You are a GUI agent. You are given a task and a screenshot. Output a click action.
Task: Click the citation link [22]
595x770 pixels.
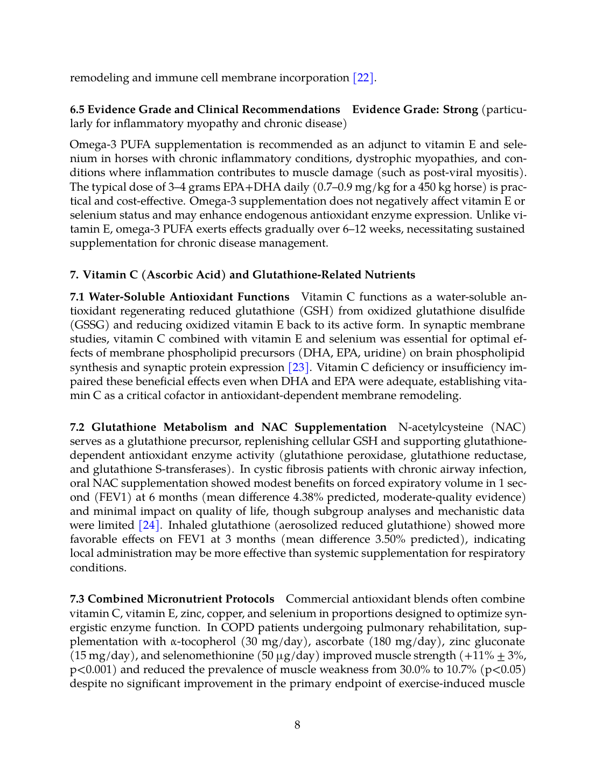coord(363,78)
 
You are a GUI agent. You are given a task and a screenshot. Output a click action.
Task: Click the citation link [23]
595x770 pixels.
coord(299,367)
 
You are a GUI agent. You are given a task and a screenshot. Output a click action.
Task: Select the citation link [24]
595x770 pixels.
coord(149,525)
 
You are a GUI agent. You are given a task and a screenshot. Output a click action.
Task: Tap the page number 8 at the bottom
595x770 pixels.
coord(297,725)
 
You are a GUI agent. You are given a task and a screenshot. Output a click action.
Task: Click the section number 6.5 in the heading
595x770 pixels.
coord(77,109)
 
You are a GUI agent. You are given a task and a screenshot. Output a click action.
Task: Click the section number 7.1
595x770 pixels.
coord(78,297)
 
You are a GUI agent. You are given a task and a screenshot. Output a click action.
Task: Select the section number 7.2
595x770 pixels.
coord(78,427)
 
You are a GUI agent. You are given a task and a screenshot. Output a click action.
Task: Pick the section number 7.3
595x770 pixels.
coord(78,599)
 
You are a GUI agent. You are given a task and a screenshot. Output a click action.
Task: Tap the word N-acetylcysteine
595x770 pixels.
coord(440,427)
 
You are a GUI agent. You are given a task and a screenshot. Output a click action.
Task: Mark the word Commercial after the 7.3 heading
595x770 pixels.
coord(313,599)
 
